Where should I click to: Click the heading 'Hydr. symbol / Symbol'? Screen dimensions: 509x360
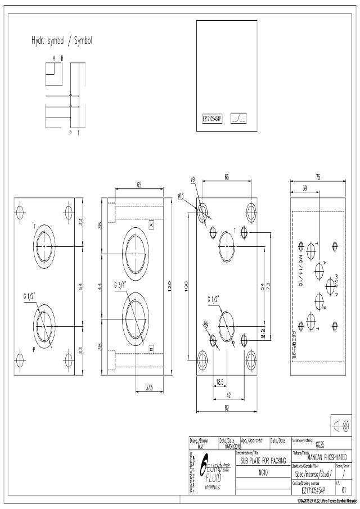[x=61, y=41]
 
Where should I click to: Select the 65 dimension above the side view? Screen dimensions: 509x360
[x=138, y=184]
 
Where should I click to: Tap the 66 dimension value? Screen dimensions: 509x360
[x=226, y=177]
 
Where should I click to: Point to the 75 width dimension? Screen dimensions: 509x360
[x=318, y=177]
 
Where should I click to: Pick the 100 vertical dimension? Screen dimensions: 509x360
[x=187, y=286]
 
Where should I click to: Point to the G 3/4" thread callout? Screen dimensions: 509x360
[x=122, y=285]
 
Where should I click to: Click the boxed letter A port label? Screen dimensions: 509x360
[x=151, y=224]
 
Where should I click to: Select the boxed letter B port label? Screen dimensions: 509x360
[x=151, y=349]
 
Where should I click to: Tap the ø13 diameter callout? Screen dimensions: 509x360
[x=181, y=196]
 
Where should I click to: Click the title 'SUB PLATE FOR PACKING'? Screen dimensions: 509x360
[x=263, y=460]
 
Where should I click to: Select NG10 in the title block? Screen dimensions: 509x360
[x=263, y=473]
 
